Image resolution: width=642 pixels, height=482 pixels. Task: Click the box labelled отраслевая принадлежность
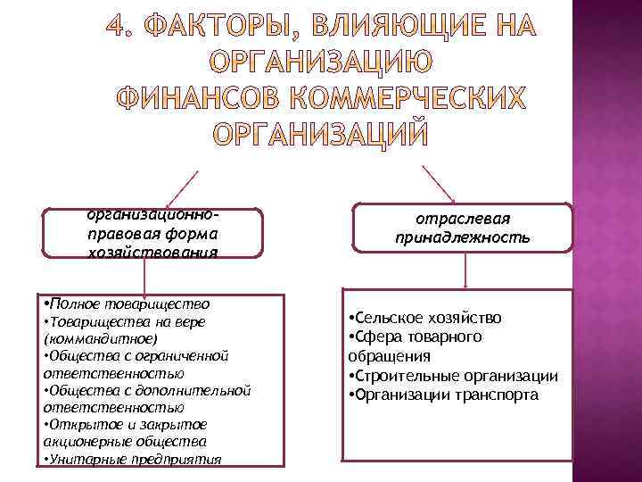tap(463, 229)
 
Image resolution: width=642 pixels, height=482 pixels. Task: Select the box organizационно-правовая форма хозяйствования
tap(153, 233)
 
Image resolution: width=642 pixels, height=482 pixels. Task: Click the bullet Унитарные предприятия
tap(134, 460)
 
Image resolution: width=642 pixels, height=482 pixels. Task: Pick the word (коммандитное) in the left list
tap(100, 339)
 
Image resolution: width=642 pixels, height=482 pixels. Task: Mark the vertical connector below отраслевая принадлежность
tap(463, 272)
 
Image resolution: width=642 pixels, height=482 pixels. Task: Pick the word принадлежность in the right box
tap(463, 238)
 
